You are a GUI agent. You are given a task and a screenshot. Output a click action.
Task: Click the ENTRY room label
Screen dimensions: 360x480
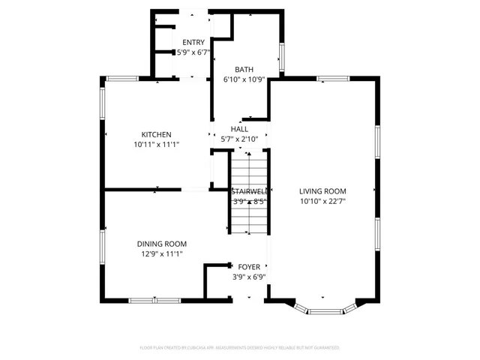coord(193,43)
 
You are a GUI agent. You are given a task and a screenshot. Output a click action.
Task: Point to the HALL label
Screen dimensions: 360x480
coord(239,129)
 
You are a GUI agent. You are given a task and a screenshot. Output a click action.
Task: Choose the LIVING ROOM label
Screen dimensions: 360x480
coord(322,191)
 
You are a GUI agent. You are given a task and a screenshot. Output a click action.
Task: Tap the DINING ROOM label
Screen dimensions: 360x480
coord(161,244)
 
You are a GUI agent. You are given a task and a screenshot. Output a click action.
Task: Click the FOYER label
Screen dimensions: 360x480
coord(250,266)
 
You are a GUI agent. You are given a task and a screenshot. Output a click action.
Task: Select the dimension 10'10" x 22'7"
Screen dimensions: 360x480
coord(322,201)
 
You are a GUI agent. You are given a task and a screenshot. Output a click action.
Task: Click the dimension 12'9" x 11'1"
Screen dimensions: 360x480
coord(161,254)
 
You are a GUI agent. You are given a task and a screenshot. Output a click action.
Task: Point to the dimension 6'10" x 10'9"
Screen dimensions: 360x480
coord(244,79)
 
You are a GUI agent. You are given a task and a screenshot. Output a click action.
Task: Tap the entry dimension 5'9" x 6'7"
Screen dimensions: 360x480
coord(193,53)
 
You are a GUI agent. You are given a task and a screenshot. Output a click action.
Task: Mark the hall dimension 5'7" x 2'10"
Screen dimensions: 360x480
coord(239,139)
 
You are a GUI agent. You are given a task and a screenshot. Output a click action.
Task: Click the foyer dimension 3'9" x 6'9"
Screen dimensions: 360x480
coord(250,277)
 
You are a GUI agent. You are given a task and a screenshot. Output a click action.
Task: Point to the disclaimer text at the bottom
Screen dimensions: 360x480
coord(240,348)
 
